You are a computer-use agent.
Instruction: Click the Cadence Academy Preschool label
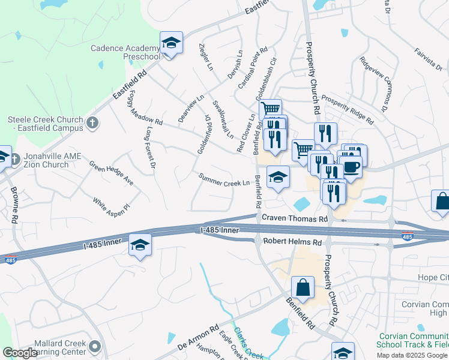125,52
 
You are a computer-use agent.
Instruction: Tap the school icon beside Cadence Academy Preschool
171,44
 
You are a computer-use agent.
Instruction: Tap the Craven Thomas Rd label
295,220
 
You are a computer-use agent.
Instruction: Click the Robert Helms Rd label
292,242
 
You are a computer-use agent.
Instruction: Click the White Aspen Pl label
110,206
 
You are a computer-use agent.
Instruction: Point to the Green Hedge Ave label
111,172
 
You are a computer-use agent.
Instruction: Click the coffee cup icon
352,166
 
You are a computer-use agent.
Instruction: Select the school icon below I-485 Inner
140,245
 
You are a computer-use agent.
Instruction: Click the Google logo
20,353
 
